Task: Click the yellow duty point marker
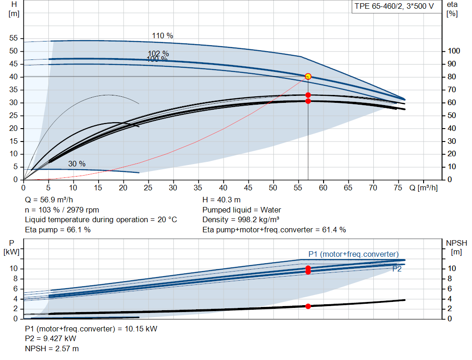pyautogui.click(x=308, y=77)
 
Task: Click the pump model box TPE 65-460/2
pyautogui.click(x=394, y=6)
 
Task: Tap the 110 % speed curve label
pyautogui.click(x=163, y=36)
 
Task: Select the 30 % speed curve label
pyautogui.click(x=77, y=164)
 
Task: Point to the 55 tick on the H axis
pyautogui.click(x=13, y=38)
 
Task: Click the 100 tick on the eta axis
pyautogui.click(x=454, y=51)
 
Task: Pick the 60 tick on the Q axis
pyautogui.click(x=323, y=188)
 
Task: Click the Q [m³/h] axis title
pyautogui.click(x=424, y=188)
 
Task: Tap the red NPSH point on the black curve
pyautogui.click(x=308, y=307)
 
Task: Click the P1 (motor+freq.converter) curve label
pyautogui.click(x=354, y=254)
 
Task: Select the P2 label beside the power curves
pyautogui.click(x=397, y=269)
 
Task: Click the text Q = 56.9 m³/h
pyautogui.click(x=49, y=200)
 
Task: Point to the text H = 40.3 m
pyautogui.click(x=222, y=200)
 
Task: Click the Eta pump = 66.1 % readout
pyautogui.click(x=58, y=230)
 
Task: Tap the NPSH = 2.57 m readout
pyautogui.click(x=52, y=348)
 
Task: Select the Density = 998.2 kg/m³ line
pyautogui.click(x=241, y=220)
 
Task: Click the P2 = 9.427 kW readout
pyautogui.click(x=51, y=339)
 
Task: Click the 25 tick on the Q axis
pyautogui.click(x=148, y=188)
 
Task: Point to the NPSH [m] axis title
pyautogui.click(x=456, y=247)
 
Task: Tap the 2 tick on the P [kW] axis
pyautogui.click(x=15, y=309)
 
